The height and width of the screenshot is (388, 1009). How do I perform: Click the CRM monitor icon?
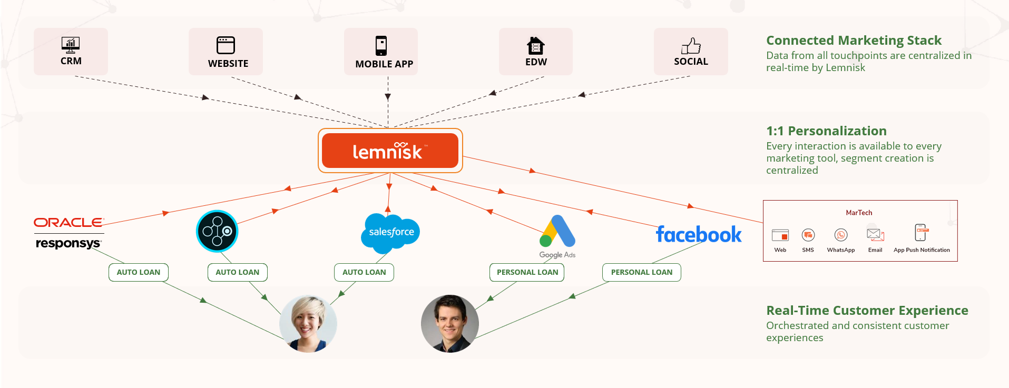tap(71, 45)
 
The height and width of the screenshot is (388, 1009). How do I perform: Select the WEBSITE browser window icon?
tap(226, 45)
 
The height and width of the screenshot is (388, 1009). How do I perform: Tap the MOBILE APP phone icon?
tap(381, 46)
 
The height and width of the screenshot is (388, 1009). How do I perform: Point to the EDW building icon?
tap(536, 46)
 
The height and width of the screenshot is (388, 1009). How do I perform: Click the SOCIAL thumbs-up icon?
tap(691, 46)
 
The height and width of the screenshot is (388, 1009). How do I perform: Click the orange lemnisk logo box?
tap(390, 151)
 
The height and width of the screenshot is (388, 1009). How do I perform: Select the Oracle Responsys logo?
tap(69, 233)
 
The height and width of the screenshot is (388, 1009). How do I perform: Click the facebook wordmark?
tap(699, 234)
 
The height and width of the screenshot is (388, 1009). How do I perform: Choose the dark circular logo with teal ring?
tap(217, 231)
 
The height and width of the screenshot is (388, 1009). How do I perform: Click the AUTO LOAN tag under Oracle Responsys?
tap(139, 272)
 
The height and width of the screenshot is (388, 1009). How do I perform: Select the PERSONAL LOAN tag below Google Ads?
tap(527, 272)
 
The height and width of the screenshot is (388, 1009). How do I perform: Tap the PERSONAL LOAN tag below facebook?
tap(642, 272)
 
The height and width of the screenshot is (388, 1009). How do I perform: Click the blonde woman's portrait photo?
tap(308, 323)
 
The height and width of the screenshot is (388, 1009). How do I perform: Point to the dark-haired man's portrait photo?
tap(450, 323)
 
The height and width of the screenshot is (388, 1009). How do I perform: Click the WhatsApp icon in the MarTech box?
tap(841, 235)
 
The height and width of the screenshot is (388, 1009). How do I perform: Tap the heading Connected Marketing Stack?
tap(854, 41)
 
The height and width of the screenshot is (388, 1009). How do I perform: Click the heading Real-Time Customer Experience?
tap(867, 311)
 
